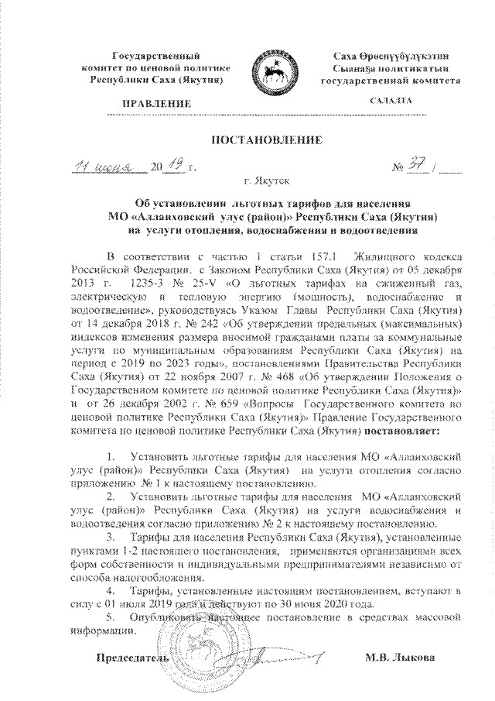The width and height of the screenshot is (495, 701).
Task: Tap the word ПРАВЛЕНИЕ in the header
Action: point(157,103)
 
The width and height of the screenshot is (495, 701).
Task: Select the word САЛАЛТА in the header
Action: point(391,101)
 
